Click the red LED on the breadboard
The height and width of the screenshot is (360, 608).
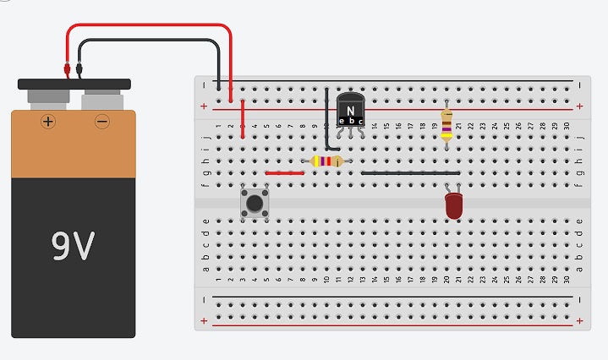(453, 205)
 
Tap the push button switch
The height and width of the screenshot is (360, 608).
(254, 203)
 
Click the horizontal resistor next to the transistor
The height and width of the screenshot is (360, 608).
(327, 161)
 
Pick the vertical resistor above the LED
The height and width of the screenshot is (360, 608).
(446, 125)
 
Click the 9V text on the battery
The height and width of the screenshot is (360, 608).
(73, 245)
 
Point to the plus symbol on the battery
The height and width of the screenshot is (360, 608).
(48, 122)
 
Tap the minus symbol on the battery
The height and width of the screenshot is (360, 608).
(102, 122)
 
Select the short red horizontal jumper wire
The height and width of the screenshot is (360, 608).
(284, 172)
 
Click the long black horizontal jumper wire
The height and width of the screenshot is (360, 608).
(411, 172)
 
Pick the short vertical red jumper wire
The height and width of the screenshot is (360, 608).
(243, 118)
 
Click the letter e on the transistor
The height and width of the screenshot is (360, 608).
(342, 121)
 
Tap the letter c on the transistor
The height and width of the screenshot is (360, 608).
(360, 121)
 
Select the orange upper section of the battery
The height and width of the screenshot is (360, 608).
(73, 144)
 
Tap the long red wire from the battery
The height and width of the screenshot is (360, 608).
(152, 26)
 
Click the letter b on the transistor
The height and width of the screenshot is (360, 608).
(351, 121)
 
